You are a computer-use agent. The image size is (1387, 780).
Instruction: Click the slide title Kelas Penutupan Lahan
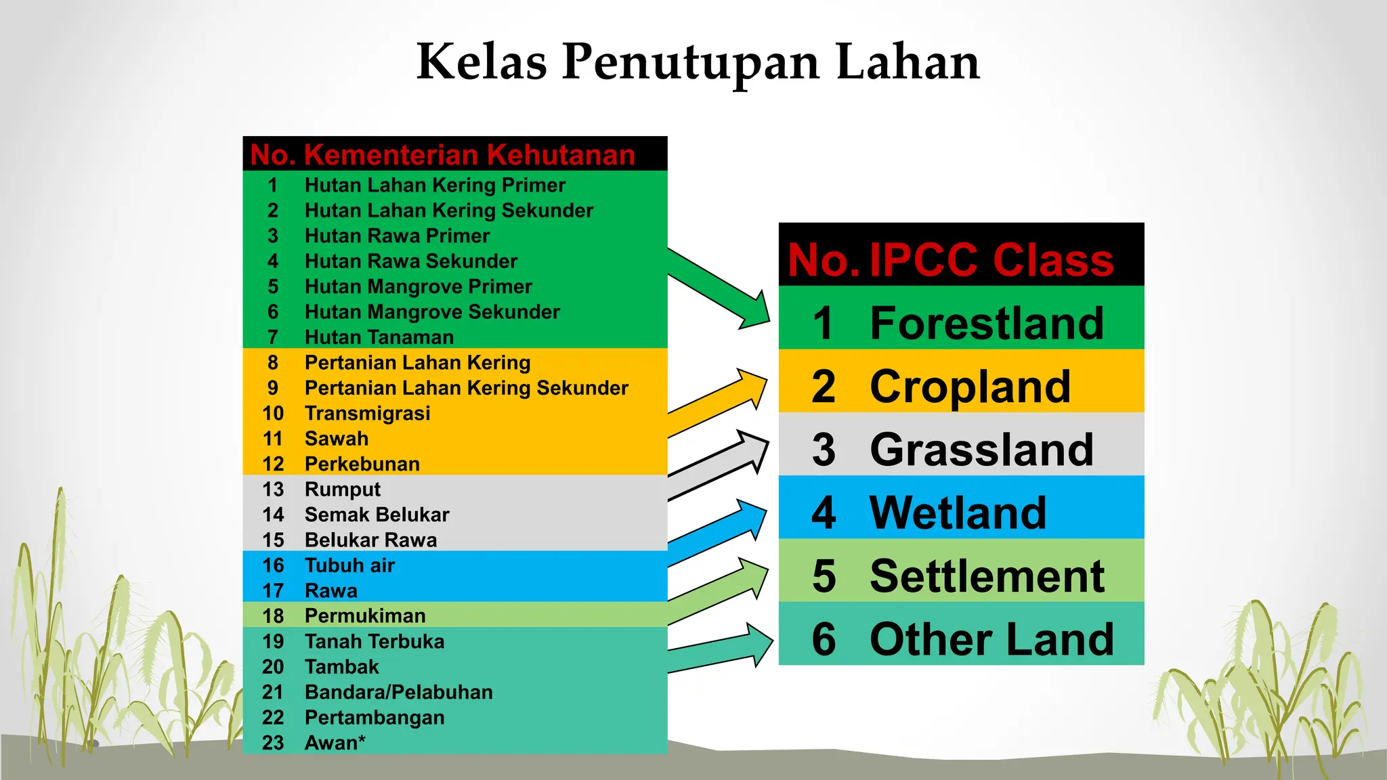click(x=698, y=62)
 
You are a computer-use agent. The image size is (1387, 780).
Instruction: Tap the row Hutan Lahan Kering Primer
click(x=435, y=185)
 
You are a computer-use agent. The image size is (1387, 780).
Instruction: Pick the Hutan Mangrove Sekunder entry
click(x=432, y=311)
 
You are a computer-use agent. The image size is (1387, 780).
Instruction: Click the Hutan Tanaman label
click(x=379, y=337)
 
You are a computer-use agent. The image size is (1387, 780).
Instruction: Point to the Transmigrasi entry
click(x=367, y=413)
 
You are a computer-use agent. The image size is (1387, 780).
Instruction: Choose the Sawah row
click(x=336, y=439)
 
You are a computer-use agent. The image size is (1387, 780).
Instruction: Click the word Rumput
click(x=342, y=489)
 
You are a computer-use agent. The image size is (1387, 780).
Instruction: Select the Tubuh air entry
click(x=349, y=565)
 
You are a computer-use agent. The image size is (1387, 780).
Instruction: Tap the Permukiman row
click(x=365, y=615)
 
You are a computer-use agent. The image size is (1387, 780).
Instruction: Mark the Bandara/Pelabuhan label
click(x=398, y=692)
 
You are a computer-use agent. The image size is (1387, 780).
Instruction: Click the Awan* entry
click(x=335, y=743)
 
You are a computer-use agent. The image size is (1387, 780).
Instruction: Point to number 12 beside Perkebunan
click(x=273, y=464)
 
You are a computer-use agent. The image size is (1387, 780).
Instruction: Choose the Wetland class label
click(x=958, y=513)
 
